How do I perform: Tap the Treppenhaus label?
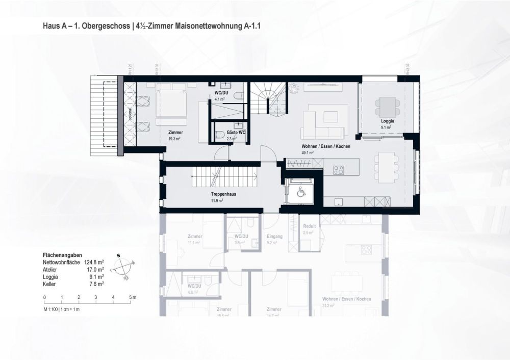click(x=214, y=194)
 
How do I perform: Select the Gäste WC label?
click(x=236, y=132)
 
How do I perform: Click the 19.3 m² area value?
click(x=175, y=138)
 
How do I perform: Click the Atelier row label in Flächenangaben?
click(x=52, y=269)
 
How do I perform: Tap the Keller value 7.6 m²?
click(x=96, y=284)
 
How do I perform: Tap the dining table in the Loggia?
click(x=386, y=107)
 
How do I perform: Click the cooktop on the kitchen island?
click(x=338, y=169)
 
